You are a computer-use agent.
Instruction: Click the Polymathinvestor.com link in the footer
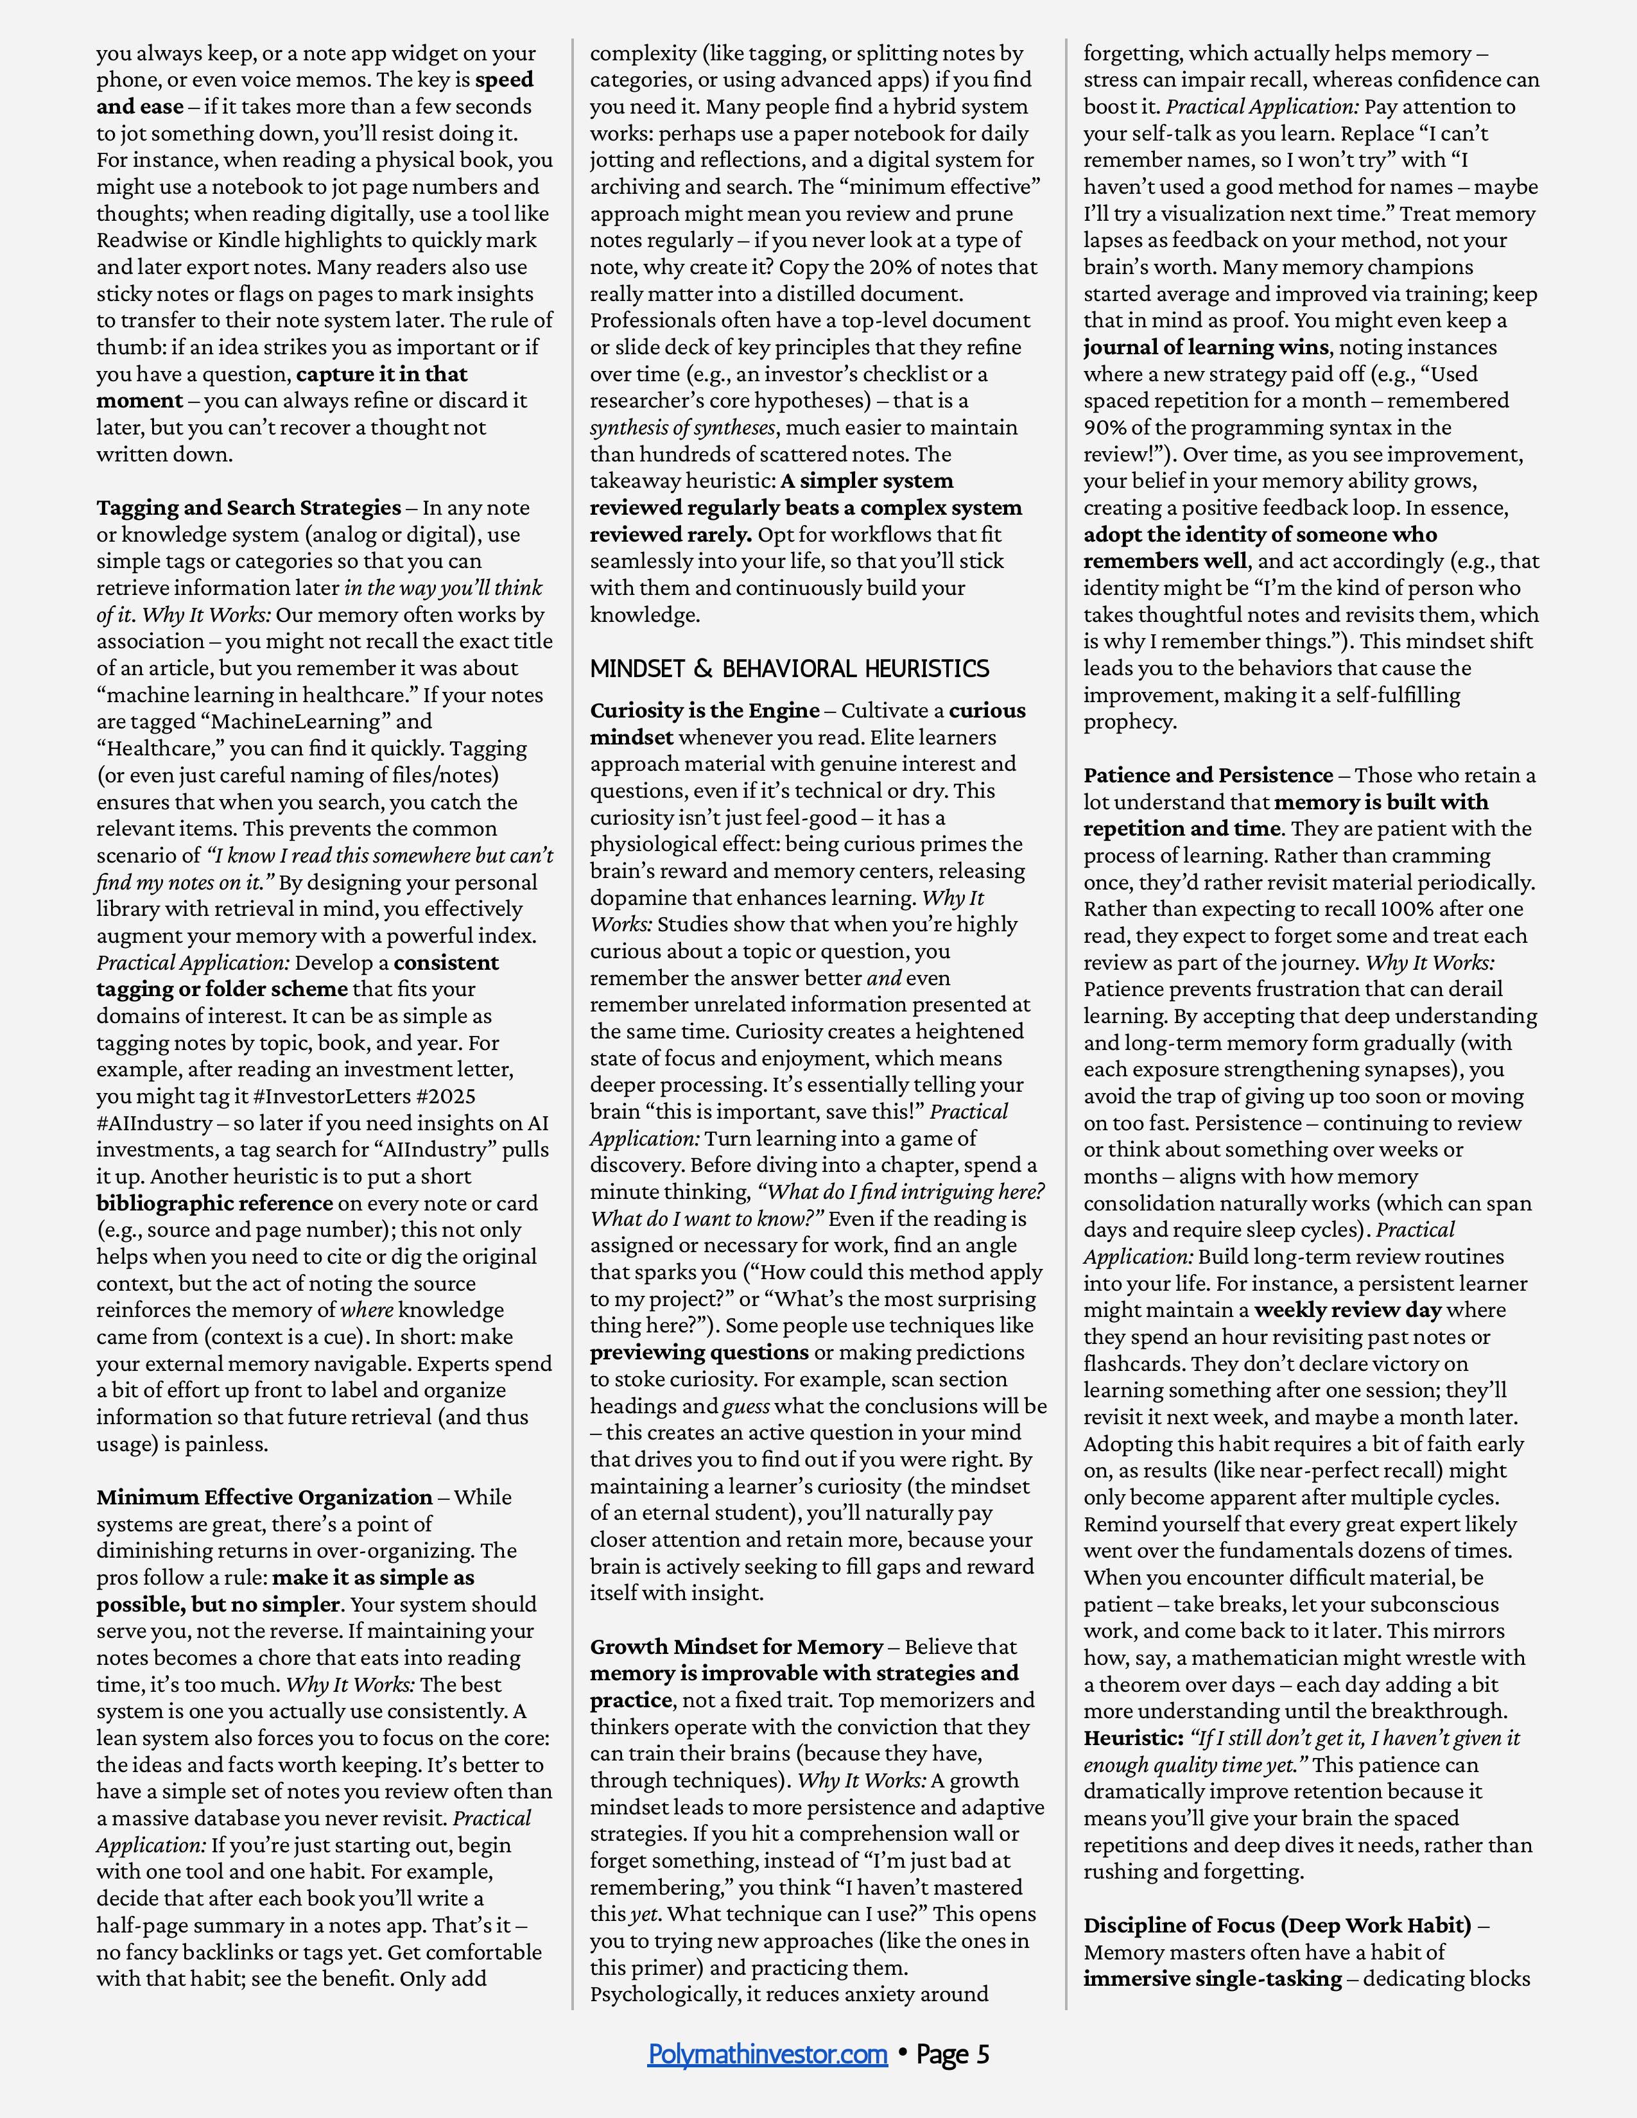pos(767,2054)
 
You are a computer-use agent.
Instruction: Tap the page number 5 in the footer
pos(982,2054)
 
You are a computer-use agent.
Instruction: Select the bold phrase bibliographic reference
pos(214,1203)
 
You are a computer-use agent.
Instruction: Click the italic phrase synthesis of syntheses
pos(682,427)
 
